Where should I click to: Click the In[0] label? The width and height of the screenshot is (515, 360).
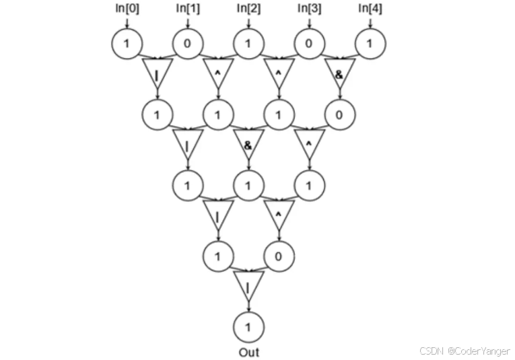point(127,9)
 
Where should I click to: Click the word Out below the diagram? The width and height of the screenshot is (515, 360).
point(248,352)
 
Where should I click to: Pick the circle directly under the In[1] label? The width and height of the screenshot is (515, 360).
point(187,44)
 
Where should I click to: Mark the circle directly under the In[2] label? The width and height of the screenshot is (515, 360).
point(248,44)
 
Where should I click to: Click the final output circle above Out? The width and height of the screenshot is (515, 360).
point(248,328)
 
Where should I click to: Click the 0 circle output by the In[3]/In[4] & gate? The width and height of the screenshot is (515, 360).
point(339,114)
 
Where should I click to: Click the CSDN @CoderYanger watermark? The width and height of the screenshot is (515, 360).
point(465,351)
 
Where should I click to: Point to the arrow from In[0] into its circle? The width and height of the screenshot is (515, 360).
point(127,23)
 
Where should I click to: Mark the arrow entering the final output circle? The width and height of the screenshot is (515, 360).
point(248,306)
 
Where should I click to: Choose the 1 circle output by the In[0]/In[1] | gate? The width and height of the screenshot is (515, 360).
point(157,114)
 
